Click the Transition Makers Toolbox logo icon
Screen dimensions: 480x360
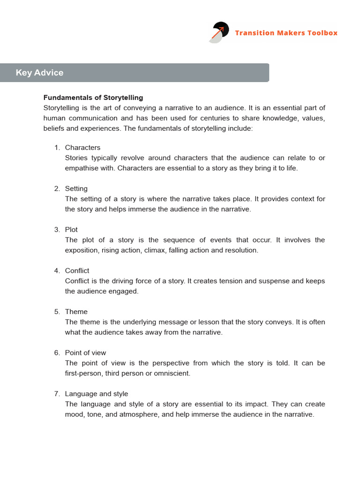[218, 32]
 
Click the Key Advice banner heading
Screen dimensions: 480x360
[39, 73]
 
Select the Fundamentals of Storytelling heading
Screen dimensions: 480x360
[93, 97]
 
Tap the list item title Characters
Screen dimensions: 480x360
[82, 148]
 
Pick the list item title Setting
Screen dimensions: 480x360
[76, 188]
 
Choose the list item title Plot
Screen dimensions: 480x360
[71, 230]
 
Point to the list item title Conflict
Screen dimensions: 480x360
[77, 270]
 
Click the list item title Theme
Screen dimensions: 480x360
[76, 312]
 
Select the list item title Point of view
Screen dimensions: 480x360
[86, 352]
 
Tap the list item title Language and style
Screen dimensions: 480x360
[96, 394]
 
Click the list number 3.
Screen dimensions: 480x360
[57, 230]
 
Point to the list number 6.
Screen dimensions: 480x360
[57, 352]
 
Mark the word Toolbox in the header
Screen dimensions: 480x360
[321, 33]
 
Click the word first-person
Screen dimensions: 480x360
[83, 374]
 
